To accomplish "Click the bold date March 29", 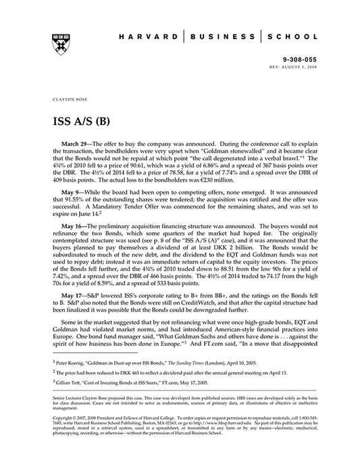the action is pos(74,145).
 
